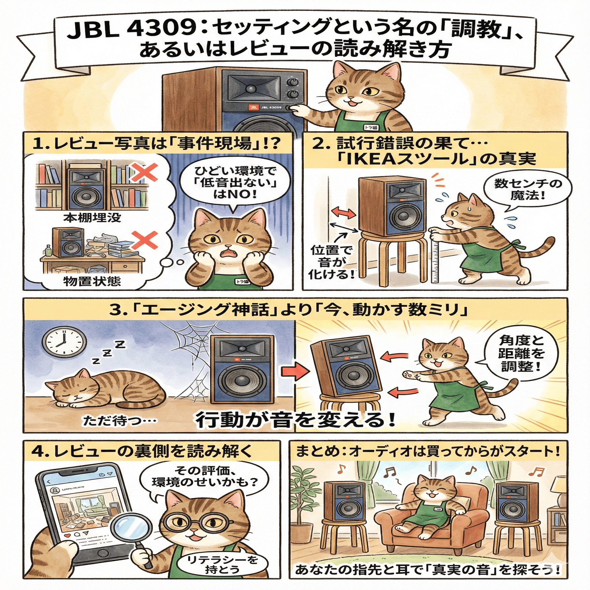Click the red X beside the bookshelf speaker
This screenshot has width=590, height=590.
(x=145, y=172)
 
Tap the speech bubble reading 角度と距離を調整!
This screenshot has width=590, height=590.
(x=521, y=353)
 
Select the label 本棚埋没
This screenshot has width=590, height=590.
(x=92, y=217)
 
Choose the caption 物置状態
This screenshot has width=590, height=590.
(x=92, y=281)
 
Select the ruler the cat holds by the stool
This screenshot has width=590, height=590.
(x=435, y=259)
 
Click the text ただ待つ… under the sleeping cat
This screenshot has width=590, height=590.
(x=120, y=420)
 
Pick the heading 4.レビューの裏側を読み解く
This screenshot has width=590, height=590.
(x=142, y=451)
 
